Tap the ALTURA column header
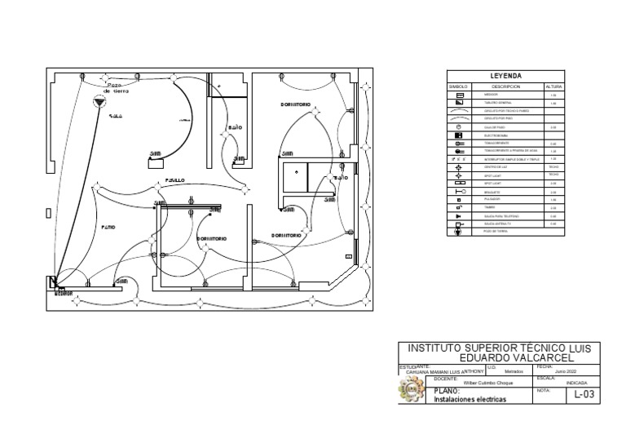click(x=553, y=86)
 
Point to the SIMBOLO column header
click(x=459, y=86)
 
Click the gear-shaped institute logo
click(x=411, y=392)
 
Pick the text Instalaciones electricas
click(x=470, y=400)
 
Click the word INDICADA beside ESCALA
click(x=576, y=382)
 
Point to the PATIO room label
click(x=108, y=227)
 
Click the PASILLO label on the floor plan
click(x=175, y=179)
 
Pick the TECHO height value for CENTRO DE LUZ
click(x=553, y=166)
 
